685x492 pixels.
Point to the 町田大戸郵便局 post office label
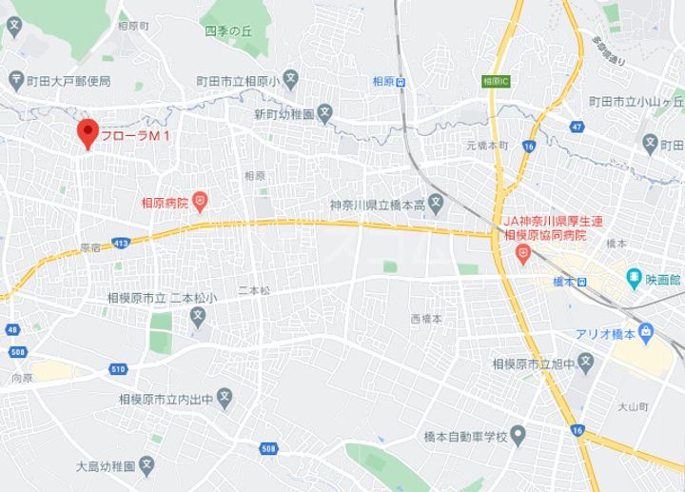pos(68,82)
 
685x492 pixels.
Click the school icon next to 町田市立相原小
pos(290,82)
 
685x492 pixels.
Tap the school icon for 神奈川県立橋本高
pos(435,202)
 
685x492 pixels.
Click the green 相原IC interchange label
pos(495,82)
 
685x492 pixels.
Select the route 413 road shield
pos(121,244)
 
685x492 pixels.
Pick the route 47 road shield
pos(577,127)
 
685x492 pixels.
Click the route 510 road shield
pos(117,369)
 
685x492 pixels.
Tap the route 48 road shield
pos(12,329)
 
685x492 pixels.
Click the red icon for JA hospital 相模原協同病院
pos(522,251)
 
